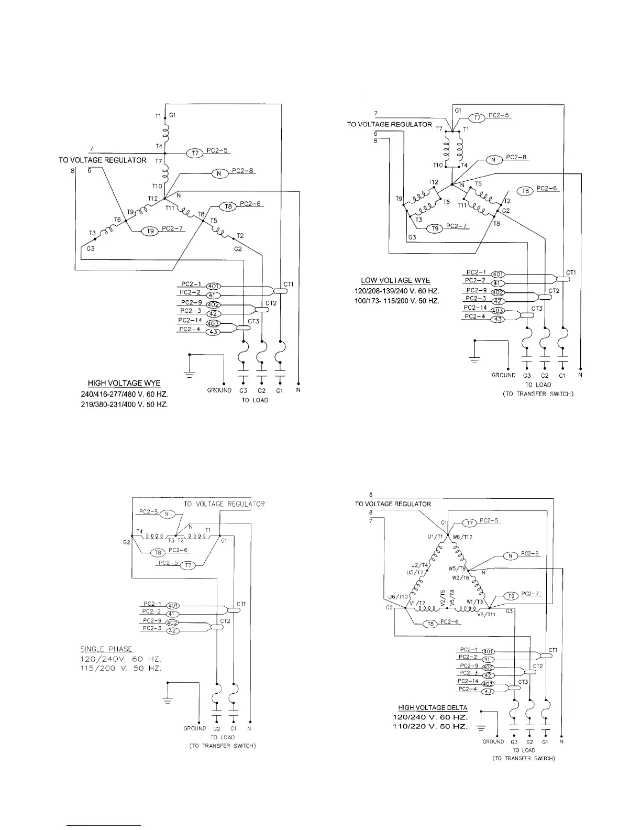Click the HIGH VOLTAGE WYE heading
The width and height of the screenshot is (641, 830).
pyautogui.click(x=124, y=383)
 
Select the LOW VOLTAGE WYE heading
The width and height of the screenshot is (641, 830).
pyautogui.click(x=395, y=280)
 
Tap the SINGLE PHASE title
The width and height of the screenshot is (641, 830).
pyautogui.click(x=106, y=649)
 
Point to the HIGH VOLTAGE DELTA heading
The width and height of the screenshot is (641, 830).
pyautogui.click(x=433, y=707)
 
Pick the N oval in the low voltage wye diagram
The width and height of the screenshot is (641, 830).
pyautogui.click(x=493, y=159)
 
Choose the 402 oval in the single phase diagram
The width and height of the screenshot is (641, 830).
pyautogui.click(x=172, y=622)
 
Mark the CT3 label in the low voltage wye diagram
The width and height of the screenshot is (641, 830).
pyautogui.click(x=537, y=309)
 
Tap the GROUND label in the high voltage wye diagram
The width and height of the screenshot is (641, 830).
pyautogui.click(x=219, y=390)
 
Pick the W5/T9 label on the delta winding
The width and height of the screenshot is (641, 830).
pyautogui.click(x=457, y=568)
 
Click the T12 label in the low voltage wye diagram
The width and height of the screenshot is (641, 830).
pyautogui.click(x=433, y=182)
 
